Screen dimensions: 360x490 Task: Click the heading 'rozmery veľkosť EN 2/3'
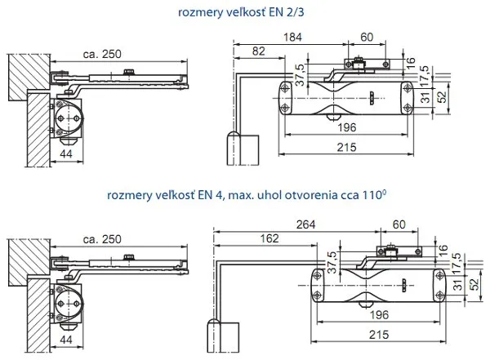click(x=246, y=12)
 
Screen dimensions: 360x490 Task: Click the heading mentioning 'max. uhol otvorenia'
click(x=246, y=196)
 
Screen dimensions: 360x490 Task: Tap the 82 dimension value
click(x=258, y=51)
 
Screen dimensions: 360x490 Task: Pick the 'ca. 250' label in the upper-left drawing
click(x=101, y=55)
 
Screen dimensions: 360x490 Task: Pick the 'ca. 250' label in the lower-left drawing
click(x=101, y=239)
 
